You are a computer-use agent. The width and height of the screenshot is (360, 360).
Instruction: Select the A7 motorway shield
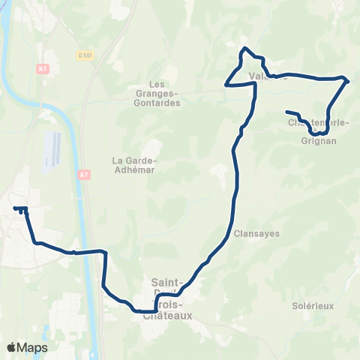82,175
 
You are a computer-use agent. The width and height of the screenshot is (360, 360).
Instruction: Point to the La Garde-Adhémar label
133,164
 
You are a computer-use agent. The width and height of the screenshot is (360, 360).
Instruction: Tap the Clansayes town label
256,233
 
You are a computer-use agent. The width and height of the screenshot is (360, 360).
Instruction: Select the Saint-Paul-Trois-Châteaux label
168,298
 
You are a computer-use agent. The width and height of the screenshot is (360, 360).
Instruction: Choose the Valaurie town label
267,76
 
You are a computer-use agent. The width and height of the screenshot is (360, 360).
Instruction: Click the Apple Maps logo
26,347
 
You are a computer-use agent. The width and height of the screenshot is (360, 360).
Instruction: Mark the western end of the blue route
14,208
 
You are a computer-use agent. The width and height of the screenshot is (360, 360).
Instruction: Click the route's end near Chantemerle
287,112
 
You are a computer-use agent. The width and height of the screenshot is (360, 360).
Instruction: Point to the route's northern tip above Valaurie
243,49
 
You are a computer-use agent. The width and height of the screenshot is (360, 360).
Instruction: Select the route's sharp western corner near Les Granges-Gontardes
226,85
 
